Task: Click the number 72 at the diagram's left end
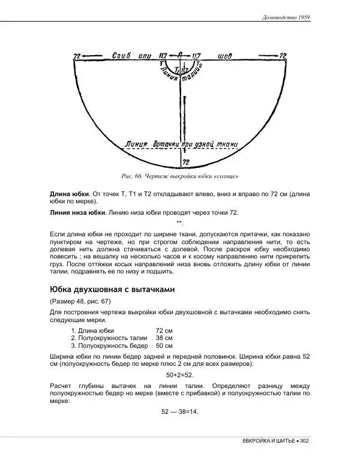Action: click(x=77, y=56)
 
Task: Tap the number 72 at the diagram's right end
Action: click(x=283, y=56)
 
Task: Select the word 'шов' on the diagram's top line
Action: click(x=226, y=56)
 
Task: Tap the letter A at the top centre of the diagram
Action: click(x=179, y=55)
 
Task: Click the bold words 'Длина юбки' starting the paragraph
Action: click(x=68, y=194)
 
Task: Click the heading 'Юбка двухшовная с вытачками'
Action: click(x=112, y=289)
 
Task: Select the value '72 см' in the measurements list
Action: click(x=164, y=330)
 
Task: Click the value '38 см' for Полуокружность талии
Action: click(x=164, y=338)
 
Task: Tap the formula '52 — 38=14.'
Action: click(x=180, y=412)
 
